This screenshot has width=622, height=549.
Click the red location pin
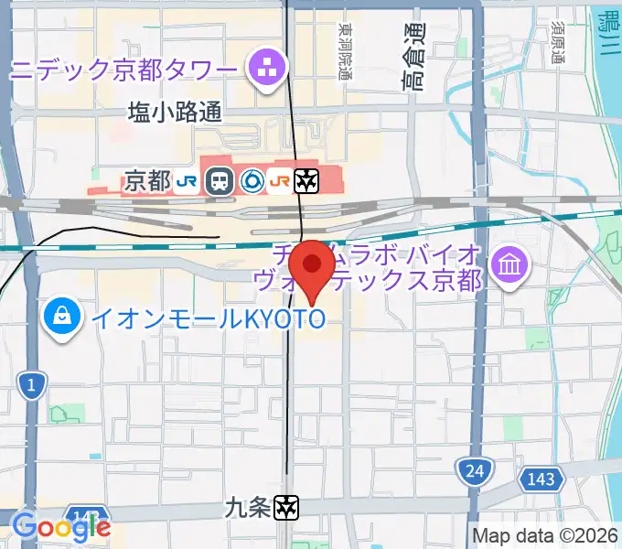point(311,265)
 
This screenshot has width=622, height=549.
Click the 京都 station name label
point(147,181)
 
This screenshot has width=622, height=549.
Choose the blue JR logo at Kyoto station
point(188,181)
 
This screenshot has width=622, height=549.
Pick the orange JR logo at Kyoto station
point(280,181)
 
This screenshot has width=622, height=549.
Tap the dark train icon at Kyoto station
point(219,181)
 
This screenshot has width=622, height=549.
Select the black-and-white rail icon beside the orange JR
point(306,181)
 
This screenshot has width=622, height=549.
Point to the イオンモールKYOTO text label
point(206,318)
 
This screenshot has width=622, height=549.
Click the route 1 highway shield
point(31,385)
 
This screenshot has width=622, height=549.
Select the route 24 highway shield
point(473,471)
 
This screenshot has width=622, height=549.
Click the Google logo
point(61,526)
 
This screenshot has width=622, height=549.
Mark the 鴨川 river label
point(606,33)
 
